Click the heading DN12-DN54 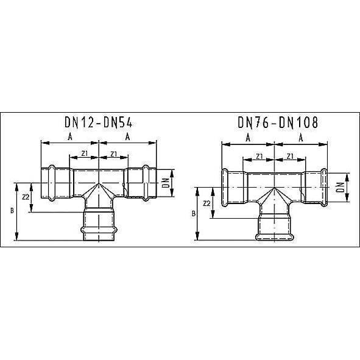coord(99,122)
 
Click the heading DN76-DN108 coord(277,122)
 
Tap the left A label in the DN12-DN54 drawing coord(70,138)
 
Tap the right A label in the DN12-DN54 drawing coord(127,138)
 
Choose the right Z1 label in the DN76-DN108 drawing coord(291,156)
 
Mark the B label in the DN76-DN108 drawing coord(194,214)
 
